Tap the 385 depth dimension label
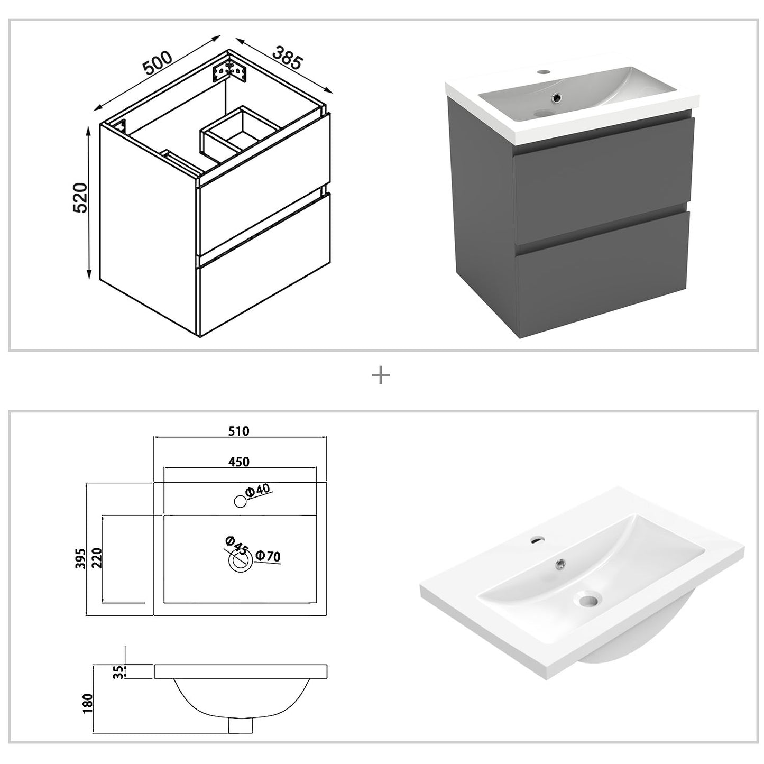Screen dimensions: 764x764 (x=287, y=58)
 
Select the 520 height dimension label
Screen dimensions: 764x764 (x=80, y=198)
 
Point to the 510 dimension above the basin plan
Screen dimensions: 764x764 (x=238, y=431)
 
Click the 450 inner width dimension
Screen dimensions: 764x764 (x=238, y=462)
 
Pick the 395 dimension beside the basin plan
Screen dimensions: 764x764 (x=80, y=558)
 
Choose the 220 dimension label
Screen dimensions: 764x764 (x=96, y=558)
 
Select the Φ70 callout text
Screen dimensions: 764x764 (x=268, y=556)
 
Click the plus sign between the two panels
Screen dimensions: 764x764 (x=381, y=376)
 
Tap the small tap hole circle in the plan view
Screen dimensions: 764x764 (x=240, y=501)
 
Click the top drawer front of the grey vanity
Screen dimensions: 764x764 (x=603, y=169)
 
